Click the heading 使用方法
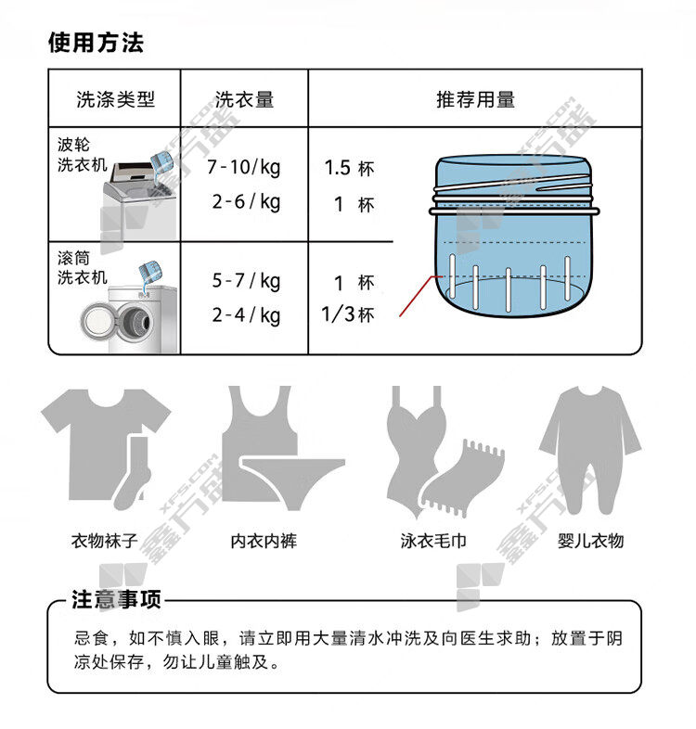pos(96,43)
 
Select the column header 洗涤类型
pos(115,99)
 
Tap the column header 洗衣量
pos(244,99)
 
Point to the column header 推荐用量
pos(475,99)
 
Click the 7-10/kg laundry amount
pos(244,167)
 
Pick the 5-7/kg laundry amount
pos(246,281)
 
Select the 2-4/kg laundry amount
pos(246,315)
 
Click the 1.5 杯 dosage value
pos(349,168)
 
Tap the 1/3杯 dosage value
pos(347,314)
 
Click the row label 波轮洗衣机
pos(83,155)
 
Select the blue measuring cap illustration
pos(513,236)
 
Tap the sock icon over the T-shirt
pos(132,473)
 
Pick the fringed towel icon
pos(461,479)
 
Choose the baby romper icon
pos(590,450)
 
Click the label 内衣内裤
pos(264,541)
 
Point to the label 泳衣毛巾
pos(433,541)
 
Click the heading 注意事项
pos(116,599)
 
